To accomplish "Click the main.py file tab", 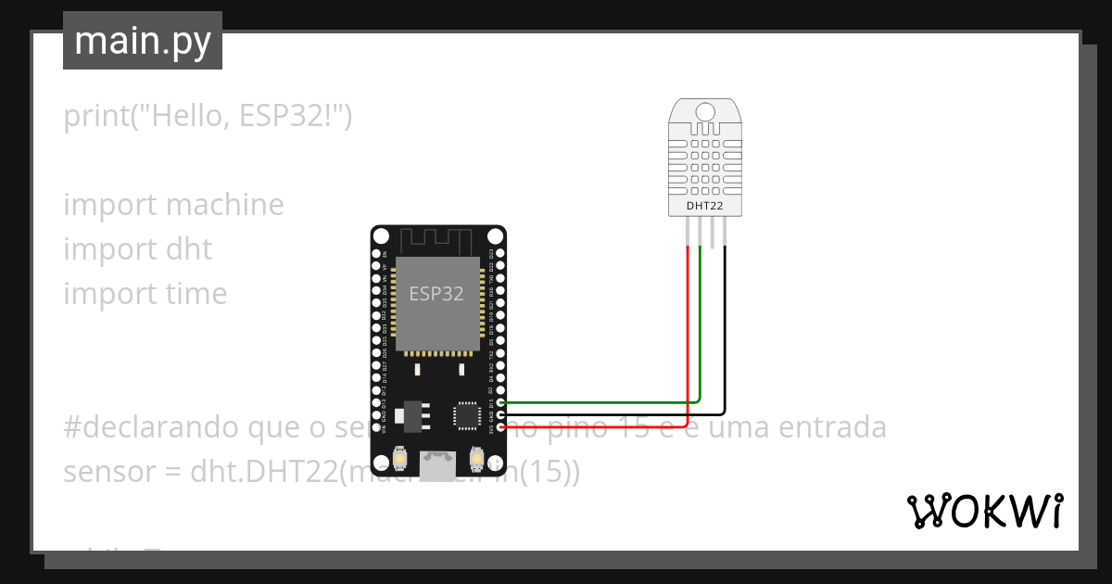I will [142, 41].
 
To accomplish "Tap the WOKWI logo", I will [983, 511].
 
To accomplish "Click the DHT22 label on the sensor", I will [705, 205].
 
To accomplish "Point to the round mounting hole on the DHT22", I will [705, 112].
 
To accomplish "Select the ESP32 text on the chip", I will [436, 294].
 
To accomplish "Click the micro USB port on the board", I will [437, 463].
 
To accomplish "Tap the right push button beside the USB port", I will [476, 458].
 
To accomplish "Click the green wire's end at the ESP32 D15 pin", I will [501, 402].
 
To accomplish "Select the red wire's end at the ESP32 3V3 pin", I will [501, 426].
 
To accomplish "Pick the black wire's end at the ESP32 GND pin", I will [501, 414].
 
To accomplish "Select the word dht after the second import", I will [189, 249].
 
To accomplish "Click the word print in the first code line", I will [95, 116].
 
